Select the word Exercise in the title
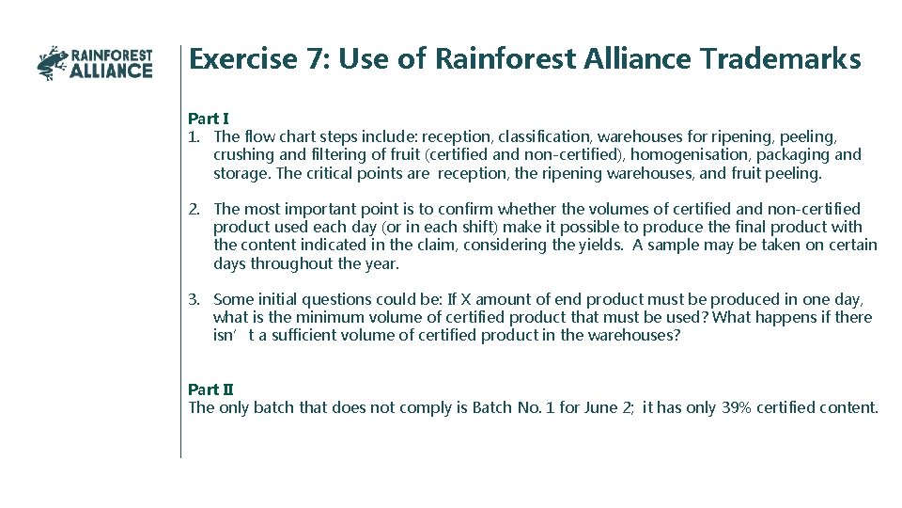tap(242, 59)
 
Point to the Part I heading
tap(208, 119)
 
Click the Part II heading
tap(210, 389)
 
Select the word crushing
tap(243, 154)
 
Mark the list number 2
tap(194, 209)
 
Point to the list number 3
tap(194, 299)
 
